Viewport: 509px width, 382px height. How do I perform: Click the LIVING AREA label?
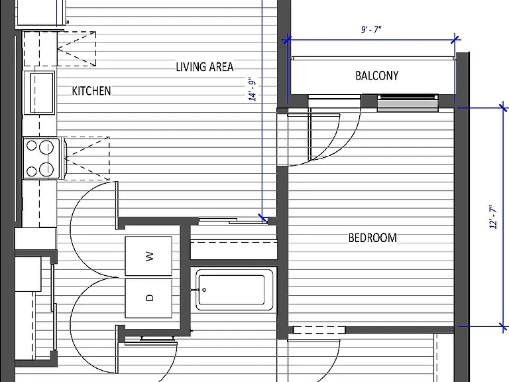tap(205, 67)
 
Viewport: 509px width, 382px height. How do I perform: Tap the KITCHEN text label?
tap(91, 91)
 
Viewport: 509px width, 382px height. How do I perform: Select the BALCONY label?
tap(376, 76)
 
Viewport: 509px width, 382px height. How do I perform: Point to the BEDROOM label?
tap(372, 238)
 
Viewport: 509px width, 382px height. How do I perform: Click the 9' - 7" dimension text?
tap(371, 30)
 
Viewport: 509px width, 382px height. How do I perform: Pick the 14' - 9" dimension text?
tap(253, 89)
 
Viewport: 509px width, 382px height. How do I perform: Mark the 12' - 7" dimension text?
tap(493, 217)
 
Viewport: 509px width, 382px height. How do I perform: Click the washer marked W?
tap(148, 256)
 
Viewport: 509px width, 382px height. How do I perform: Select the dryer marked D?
tap(148, 298)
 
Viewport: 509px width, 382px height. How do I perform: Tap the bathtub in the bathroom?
tap(234, 290)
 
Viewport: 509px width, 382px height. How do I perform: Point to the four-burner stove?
tap(42, 159)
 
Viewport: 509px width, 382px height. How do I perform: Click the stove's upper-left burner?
tap(32, 145)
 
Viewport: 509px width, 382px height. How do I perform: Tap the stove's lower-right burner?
tap(46, 169)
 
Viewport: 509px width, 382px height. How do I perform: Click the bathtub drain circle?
tap(204, 290)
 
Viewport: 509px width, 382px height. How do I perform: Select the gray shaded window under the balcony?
tap(408, 105)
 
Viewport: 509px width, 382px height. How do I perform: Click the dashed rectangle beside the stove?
tap(86, 159)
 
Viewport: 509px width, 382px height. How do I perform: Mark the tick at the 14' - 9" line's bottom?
tap(263, 218)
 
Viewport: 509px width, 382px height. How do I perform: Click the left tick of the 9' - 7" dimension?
tap(286, 40)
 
